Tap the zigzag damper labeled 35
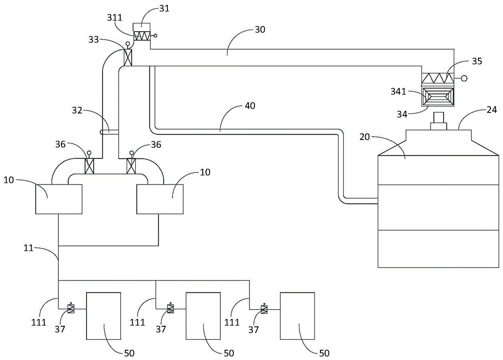[x=438, y=78]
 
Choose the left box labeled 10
[x=59, y=199]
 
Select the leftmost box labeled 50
[x=104, y=315]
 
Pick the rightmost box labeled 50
[x=297, y=315]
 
